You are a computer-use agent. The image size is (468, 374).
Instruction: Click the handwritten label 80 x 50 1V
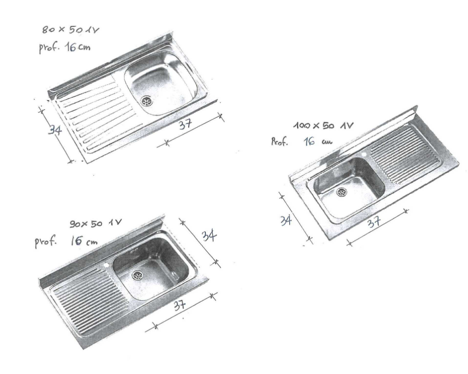(70, 29)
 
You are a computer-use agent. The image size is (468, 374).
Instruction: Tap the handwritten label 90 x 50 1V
(95, 223)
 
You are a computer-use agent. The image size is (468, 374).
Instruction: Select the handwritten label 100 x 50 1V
(323, 126)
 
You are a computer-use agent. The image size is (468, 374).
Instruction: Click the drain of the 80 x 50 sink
(146, 101)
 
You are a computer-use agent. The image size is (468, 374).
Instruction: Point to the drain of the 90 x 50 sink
(138, 275)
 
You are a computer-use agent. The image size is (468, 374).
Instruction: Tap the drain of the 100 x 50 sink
(342, 192)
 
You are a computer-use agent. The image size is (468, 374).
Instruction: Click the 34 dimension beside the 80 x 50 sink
(55, 130)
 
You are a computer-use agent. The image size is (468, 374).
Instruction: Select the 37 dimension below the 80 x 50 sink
(185, 124)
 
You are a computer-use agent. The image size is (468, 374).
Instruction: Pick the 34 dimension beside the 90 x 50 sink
(209, 236)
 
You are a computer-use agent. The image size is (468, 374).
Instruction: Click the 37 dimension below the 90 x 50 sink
(180, 305)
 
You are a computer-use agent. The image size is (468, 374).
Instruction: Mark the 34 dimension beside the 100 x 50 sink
(286, 220)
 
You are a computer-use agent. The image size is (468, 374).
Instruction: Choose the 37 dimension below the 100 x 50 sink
(374, 221)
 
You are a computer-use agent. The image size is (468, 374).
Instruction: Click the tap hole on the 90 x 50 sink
(106, 265)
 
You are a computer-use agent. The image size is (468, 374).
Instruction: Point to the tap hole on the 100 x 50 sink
(364, 155)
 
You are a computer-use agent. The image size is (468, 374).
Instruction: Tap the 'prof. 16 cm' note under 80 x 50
(64, 48)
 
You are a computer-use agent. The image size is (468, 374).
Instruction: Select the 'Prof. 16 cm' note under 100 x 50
(302, 141)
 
